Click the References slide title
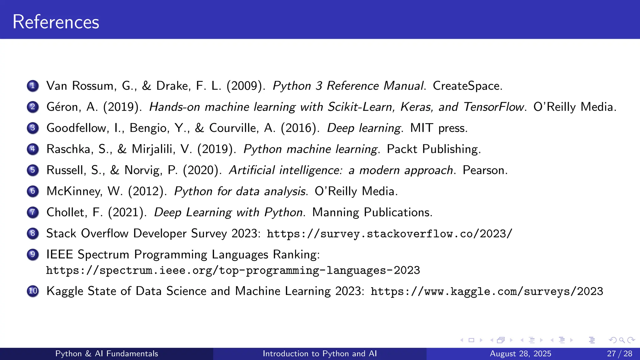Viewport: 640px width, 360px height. click(x=56, y=22)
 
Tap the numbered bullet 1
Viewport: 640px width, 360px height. click(x=33, y=86)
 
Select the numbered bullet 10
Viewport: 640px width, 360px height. click(x=33, y=291)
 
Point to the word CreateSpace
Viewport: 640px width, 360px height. click(x=467, y=86)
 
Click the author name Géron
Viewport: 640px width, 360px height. click(x=64, y=107)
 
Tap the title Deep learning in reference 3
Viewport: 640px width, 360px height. click(x=364, y=128)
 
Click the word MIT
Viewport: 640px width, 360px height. click(x=422, y=128)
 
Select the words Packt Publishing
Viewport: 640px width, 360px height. click(x=433, y=149)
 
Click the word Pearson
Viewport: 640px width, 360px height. click(x=485, y=170)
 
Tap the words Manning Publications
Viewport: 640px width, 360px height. click(x=372, y=212)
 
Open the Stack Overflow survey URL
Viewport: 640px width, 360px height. click(x=389, y=234)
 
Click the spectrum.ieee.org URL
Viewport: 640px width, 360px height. click(x=233, y=270)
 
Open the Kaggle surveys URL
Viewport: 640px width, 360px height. click(x=487, y=291)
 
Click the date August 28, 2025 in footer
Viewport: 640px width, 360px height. click(x=520, y=354)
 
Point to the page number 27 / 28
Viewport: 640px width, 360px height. click(x=619, y=354)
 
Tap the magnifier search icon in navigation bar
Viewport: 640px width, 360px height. click(x=622, y=340)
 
